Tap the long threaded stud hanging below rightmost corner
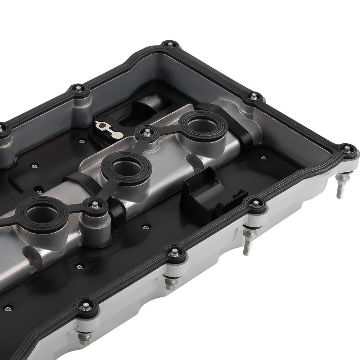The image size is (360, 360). [x=339, y=189]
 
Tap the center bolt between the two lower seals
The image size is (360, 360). [x=94, y=205]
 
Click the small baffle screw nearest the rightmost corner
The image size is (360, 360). [x=265, y=157]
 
